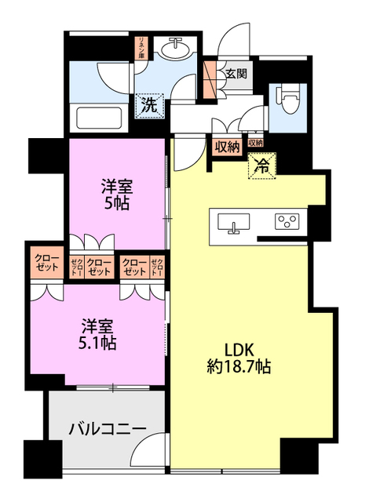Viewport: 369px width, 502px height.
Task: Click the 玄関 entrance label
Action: [x=236, y=75]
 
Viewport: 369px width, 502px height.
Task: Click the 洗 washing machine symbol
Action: [x=148, y=104]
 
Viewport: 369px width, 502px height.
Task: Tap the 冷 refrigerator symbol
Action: [x=262, y=166]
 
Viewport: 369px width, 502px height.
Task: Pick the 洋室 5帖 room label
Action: [x=115, y=194]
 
